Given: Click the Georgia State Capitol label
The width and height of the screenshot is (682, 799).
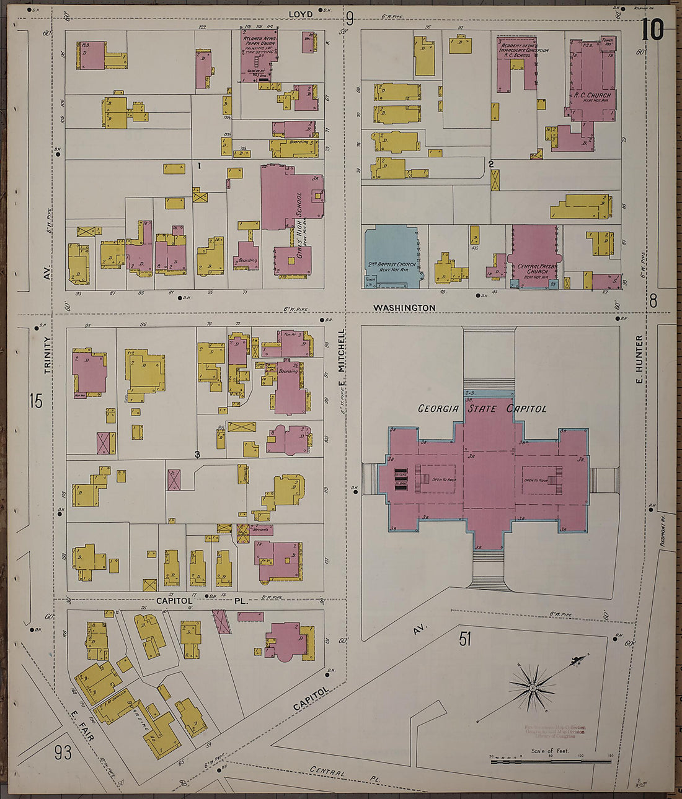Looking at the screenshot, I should point(482,409).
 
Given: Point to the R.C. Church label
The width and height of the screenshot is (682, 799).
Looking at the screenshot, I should point(591,95).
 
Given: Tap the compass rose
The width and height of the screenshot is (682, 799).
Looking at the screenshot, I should point(533,688).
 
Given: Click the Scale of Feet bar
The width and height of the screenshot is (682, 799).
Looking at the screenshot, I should point(551,761).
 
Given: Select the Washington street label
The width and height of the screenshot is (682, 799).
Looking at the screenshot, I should point(404,308).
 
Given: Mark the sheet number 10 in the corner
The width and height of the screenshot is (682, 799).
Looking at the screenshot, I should point(652,30).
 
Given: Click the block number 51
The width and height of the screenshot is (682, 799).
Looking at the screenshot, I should point(465,639).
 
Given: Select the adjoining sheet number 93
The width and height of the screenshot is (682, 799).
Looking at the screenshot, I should point(63,753).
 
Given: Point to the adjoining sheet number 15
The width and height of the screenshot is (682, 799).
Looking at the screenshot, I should point(36,401).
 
